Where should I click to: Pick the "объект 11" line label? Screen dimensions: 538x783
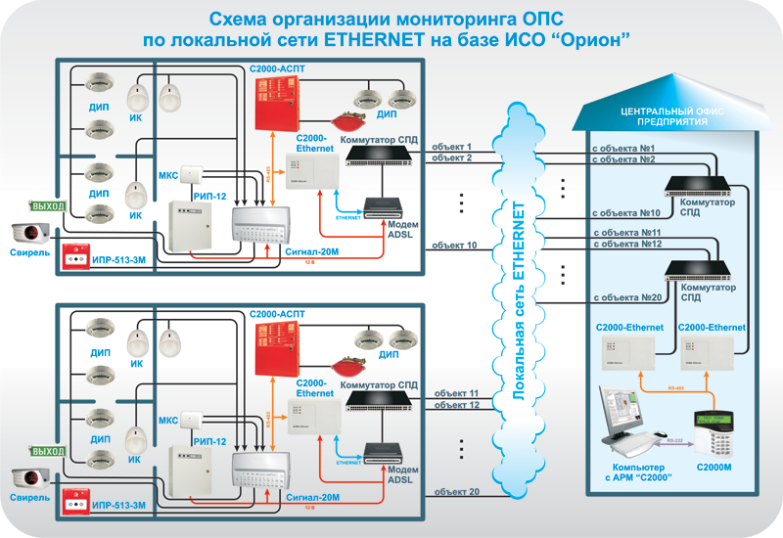coord(455,392)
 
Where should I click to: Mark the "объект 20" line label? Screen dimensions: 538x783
coord(455,491)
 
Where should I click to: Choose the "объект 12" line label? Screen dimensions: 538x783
coord(455,404)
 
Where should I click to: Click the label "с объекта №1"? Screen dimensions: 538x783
coord(622,148)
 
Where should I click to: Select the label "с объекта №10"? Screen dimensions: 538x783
coord(625,211)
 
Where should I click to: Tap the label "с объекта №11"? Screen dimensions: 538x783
coord(626,233)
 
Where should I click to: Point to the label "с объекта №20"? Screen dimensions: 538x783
coord(625,296)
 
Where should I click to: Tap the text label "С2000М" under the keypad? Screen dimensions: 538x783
coord(714,469)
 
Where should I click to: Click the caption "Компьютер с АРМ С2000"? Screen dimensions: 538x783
coord(627,474)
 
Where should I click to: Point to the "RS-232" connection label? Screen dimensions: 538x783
coord(673,442)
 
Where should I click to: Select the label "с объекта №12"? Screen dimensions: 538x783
coord(626,244)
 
